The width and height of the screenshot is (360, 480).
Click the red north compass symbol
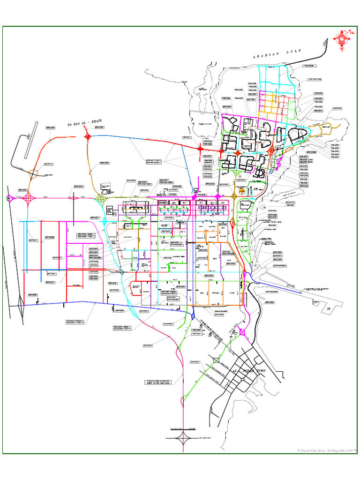coord(342,39)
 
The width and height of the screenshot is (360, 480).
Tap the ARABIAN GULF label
coord(272,55)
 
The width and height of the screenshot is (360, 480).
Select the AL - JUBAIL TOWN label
coord(249,371)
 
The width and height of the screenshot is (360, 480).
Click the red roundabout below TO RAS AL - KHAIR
coord(88,136)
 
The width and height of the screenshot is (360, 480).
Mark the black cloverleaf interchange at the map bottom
coord(183,439)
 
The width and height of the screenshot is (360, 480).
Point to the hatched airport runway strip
coord(31,141)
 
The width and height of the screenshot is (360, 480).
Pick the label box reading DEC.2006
coord(157,382)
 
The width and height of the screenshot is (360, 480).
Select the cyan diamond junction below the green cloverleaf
coord(105,220)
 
